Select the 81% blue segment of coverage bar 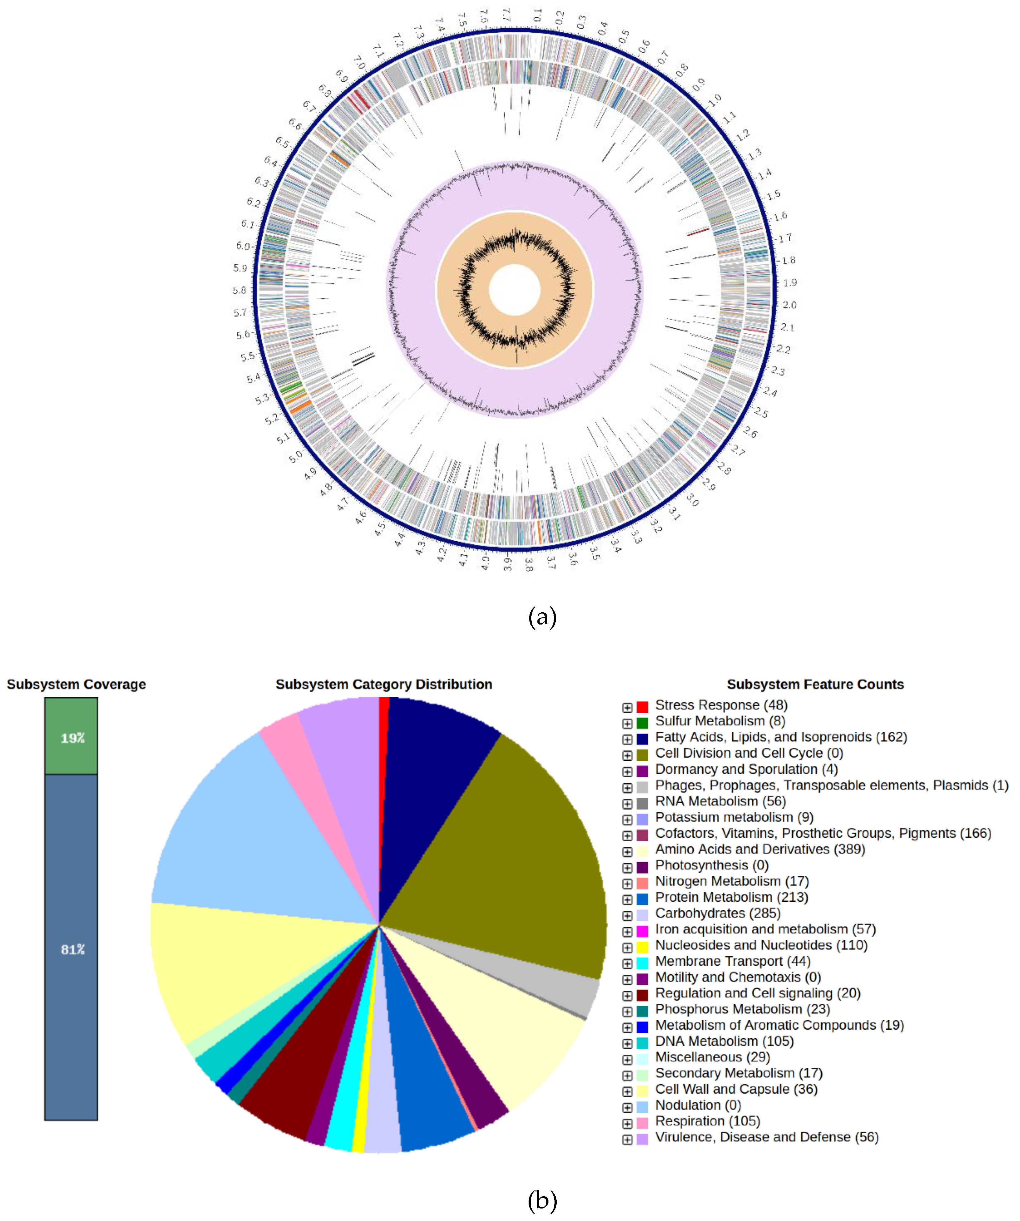pyautogui.click(x=71, y=948)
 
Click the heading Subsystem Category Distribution pyautogui.click(x=384, y=684)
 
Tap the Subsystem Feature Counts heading pyautogui.click(x=815, y=684)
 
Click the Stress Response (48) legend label pyautogui.click(x=721, y=705)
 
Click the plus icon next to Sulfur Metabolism pyautogui.click(x=627, y=723)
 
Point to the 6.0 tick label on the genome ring pyautogui.click(x=243, y=246)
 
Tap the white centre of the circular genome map pyautogui.click(x=515, y=290)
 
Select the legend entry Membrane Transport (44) pyautogui.click(x=733, y=962)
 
